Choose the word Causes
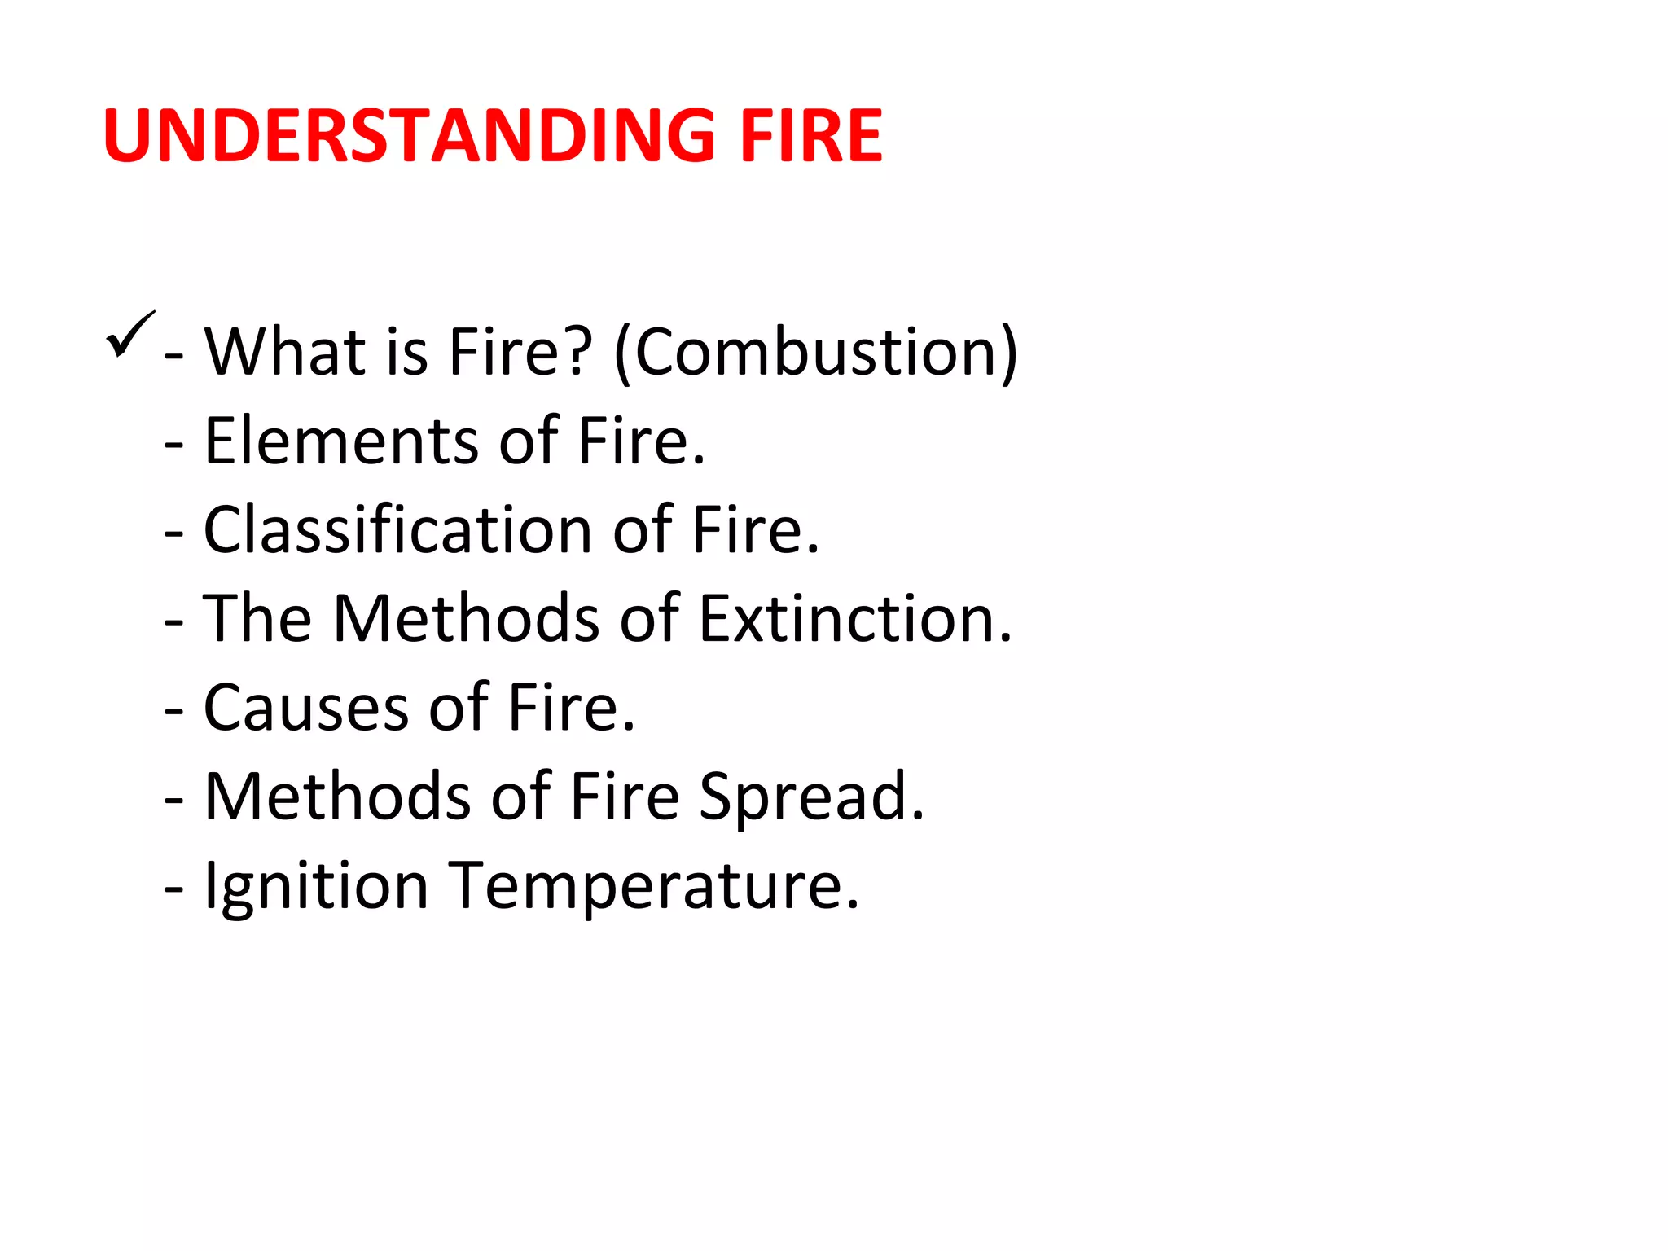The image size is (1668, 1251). (x=305, y=708)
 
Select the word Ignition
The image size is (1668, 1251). (x=316, y=886)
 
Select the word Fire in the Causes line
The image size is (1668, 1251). (x=570, y=708)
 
